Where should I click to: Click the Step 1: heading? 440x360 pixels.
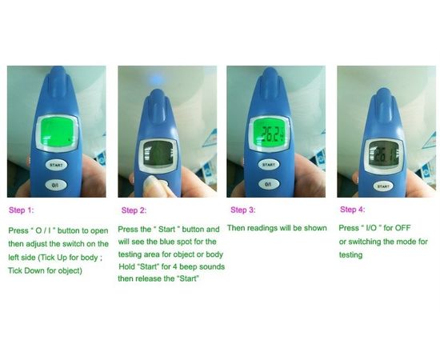tap(22, 210)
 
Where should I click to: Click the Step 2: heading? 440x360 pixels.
tap(134, 210)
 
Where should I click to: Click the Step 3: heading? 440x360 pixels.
tap(243, 210)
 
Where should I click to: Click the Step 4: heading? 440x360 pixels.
tap(353, 210)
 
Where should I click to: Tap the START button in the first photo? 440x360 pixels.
tap(56, 165)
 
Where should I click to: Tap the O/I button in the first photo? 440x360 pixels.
tap(56, 185)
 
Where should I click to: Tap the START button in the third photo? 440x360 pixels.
tap(269, 165)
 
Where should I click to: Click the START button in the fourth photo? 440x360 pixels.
tap(382, 186)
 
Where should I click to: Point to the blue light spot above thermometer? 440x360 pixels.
tap(157, 78)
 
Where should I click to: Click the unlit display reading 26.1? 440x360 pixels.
tap(383, 156)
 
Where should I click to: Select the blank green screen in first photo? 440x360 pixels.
tap(58, 132)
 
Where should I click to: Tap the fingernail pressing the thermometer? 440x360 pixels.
tap(151, 184)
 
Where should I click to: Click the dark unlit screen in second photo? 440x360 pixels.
tap(158, 154)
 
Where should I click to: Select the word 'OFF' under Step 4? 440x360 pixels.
tap(402, 227)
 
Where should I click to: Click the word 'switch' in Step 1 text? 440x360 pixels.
tap(74, 244)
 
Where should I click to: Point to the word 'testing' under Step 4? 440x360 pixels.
tap(350, 255)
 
